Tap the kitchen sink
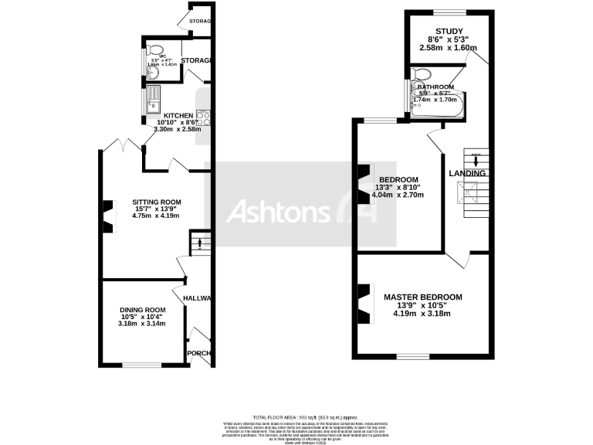click(x=153, y=98)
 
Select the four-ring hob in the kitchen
click(x=204, y=118)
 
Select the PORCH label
click(x=200, y=354)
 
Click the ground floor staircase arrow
click(x=200, y=244)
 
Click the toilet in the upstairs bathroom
click(x=422, y=76)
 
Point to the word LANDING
click(x=467, y=173)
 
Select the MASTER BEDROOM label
click(x=423, y=297)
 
